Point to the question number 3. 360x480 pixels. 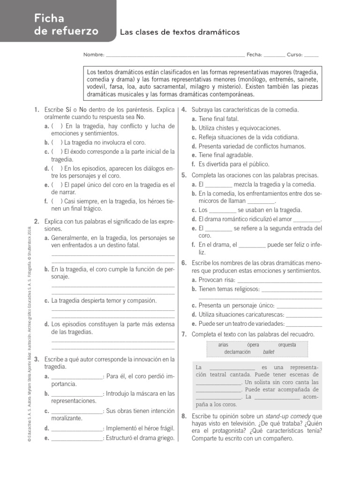tap(37, 360)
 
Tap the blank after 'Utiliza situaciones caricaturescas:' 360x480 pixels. tap(304, 315)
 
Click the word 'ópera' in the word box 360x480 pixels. tap(253, 345)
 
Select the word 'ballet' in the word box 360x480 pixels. tap(269, 352)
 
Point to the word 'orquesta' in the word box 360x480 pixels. tap(287, 345)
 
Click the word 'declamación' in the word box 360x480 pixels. tap(237, 352)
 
